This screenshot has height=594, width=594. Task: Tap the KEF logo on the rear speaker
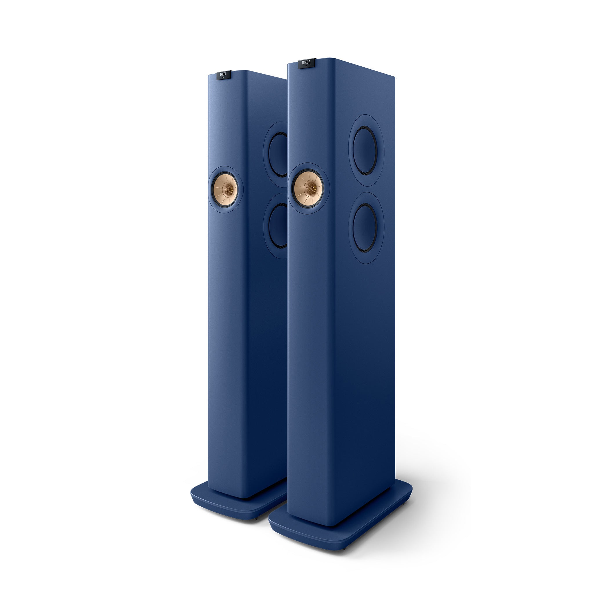[224, 75]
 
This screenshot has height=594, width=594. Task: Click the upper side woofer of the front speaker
[365, 150]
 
